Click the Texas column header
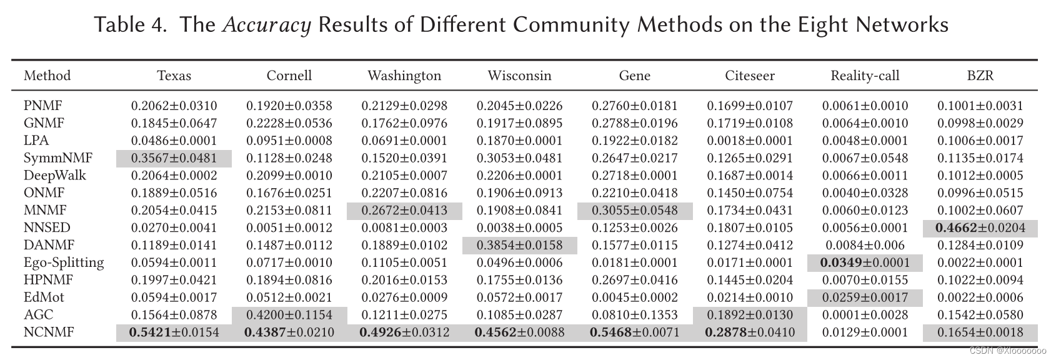coord(174,76)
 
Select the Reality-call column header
coord(865,76)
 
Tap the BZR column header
coord(980,76)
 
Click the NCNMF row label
coord(49,332)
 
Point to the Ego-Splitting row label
coord(64,262)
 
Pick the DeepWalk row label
coord(55,175)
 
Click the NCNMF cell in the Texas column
coord(174,332)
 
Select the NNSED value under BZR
coord(980,228)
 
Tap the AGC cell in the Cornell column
coord(289,315)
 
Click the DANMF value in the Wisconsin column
coord(519,245)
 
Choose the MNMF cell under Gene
coord(634,211)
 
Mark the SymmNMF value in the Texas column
coord(174,158)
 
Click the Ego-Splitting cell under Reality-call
coord(865,262)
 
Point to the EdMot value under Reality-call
coord(865,297)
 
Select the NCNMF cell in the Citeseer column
coord(749,332)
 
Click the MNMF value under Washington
coord(404,211)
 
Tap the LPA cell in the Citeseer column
coord(749,141)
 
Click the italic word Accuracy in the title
coord(267,25)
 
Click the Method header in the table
coord(47,76)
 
